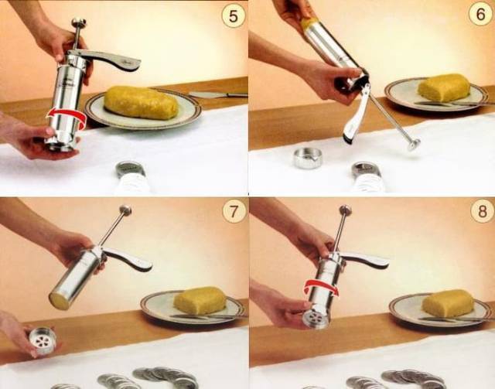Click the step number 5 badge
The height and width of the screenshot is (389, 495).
[234, 16]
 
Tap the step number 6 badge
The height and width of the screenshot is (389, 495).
[480, 14]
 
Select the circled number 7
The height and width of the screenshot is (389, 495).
[234, 211]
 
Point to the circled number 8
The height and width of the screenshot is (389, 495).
[482, 211]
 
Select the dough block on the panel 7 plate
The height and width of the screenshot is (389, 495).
[200, 300]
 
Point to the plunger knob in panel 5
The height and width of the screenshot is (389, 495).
[79, 22]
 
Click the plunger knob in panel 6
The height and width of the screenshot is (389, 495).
[414, 145]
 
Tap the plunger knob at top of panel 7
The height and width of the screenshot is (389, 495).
[125, 210]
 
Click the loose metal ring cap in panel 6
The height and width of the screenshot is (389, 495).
[307, 158]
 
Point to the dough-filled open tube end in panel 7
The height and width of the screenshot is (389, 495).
[59, 301]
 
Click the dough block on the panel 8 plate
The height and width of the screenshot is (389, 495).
[449, 303]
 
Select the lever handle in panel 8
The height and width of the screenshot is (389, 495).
[363, 259]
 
